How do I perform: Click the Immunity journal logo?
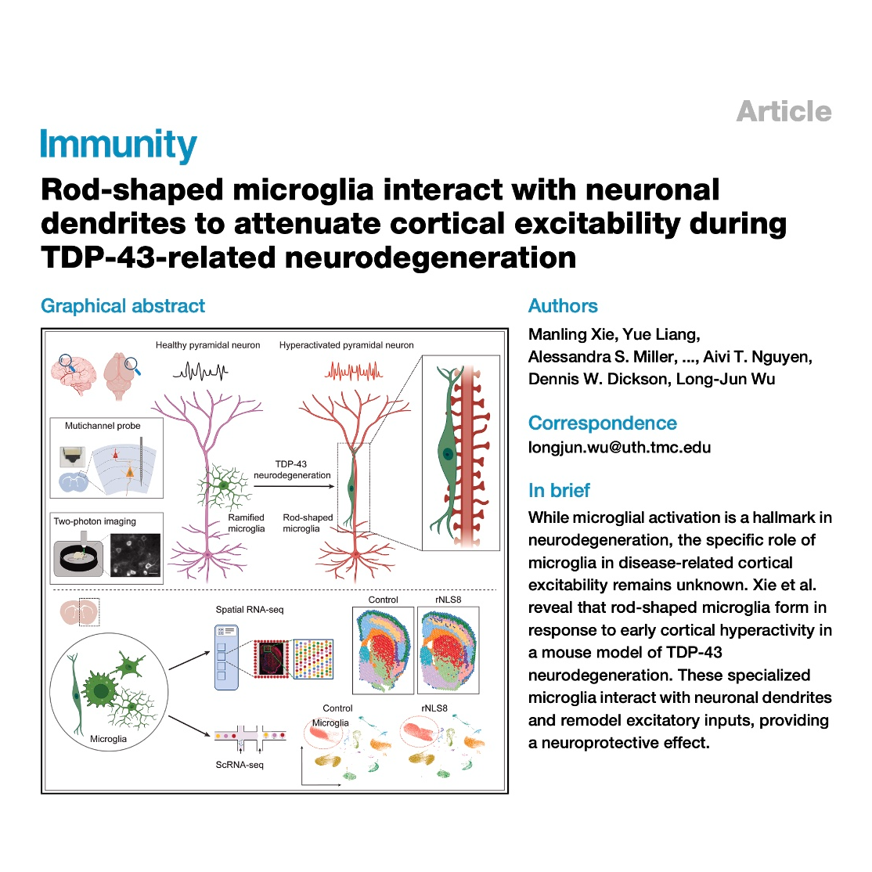(119, 146)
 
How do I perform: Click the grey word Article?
(784, 111)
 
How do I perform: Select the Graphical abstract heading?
(123, 306)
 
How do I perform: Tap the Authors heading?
(563, 306)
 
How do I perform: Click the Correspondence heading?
(602, 423)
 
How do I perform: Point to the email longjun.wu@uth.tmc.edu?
(619, 448)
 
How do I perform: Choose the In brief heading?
(559, 491)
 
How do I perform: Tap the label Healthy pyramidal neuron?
(207, 345)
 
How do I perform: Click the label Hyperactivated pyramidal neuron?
(346, 345)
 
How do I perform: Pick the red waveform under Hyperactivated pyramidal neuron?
(352, 370)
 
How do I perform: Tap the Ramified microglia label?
(246, 523)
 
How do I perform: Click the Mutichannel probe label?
(103, 426)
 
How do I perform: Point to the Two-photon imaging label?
(95, 521)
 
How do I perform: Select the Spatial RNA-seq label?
(250, 610)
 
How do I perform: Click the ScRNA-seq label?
(240, 765)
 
